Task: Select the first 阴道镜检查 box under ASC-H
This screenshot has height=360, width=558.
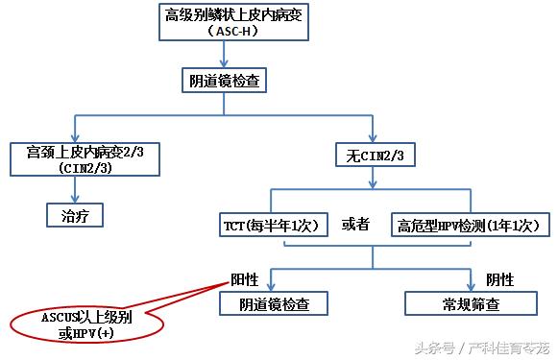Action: [x=224, y=83]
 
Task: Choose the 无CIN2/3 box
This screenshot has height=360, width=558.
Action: [x=374, y=155]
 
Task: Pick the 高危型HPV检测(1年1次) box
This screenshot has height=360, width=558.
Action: [x=472, y=227]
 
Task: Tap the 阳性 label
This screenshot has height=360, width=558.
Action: [x=245, y=278]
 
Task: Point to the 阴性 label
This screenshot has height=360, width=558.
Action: [x=499, y=278]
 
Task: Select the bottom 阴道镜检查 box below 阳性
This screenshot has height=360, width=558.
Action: [x=272, y=304]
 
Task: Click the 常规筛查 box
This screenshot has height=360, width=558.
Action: [x=471, y=304]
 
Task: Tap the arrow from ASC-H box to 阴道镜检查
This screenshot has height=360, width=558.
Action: [x=224, y=56]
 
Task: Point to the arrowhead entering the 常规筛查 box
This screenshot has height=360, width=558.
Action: [x=471, y=286]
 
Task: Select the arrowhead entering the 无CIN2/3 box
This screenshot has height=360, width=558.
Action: [x=374, y=137]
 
